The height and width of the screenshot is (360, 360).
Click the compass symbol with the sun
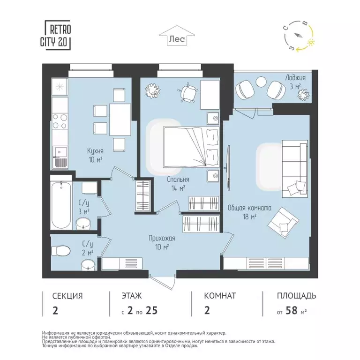click(x=298, y=37)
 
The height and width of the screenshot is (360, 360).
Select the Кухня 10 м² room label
click(x=95, y=155)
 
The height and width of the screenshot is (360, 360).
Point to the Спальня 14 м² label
click(x=178, y=183)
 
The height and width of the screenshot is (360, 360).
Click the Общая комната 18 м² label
click(x=249, y=212)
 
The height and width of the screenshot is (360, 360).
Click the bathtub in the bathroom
click(x=61, y=205)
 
